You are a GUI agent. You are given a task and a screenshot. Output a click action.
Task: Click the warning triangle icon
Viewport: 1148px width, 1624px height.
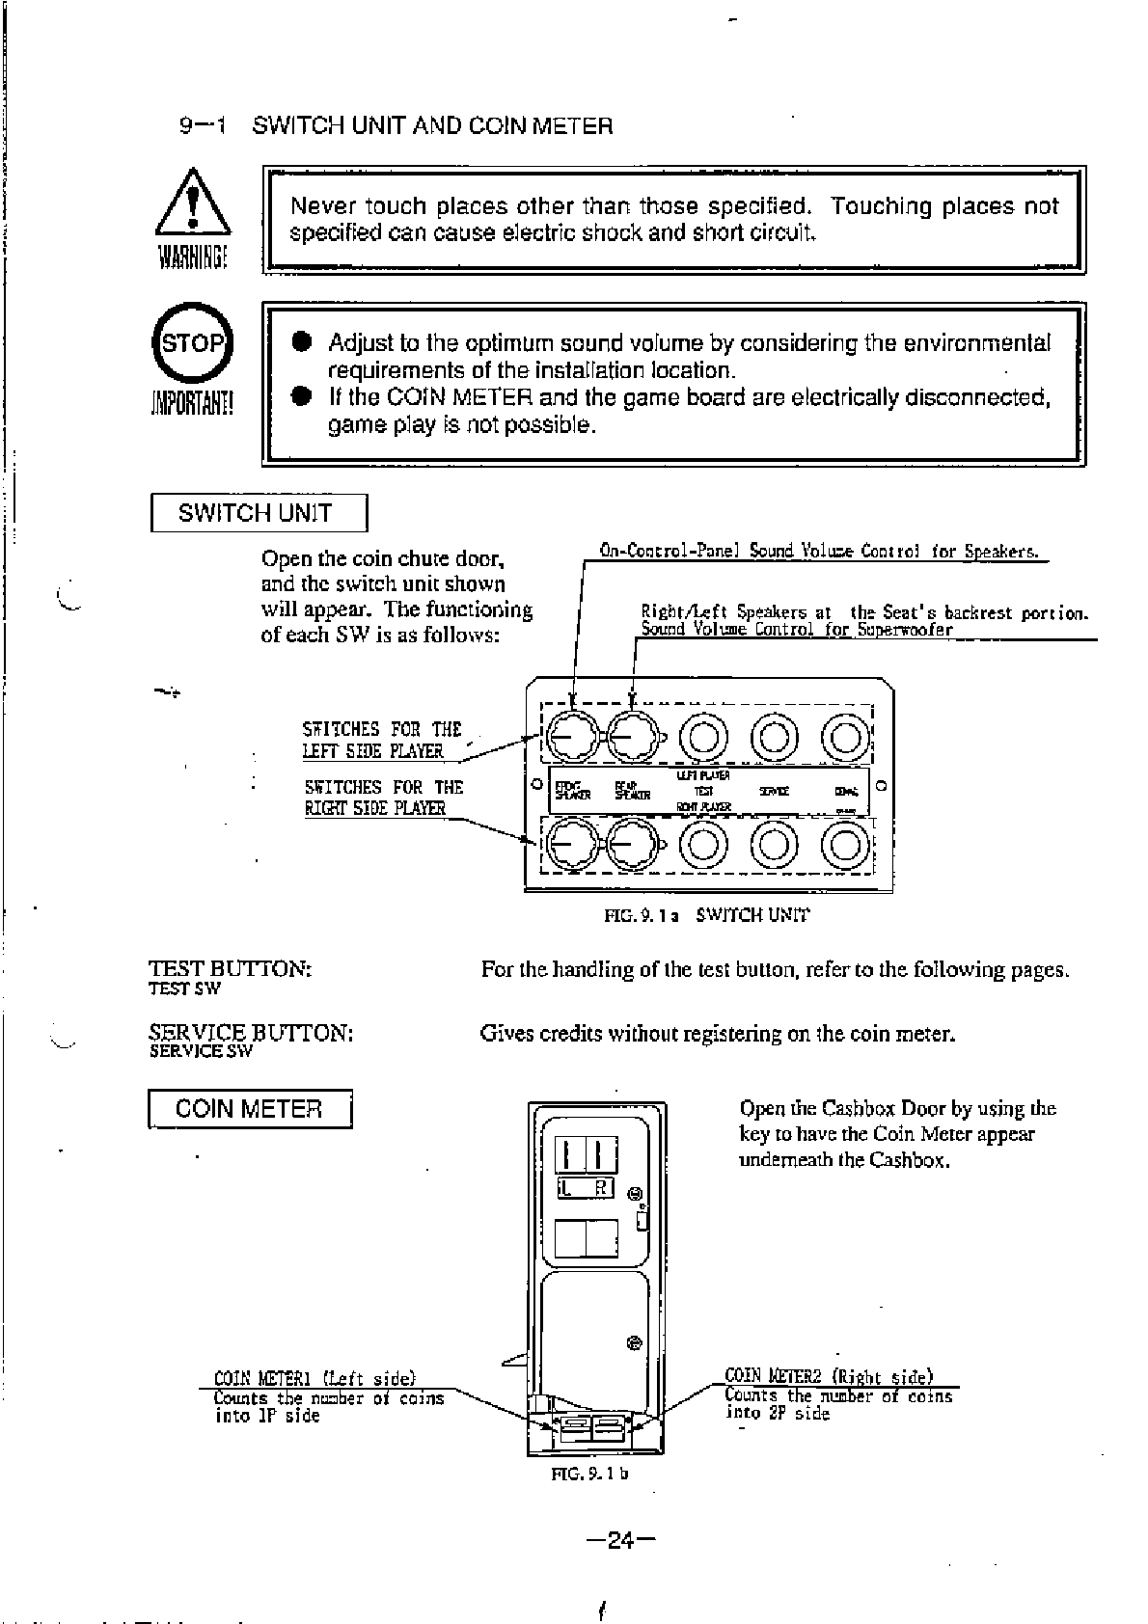click(193, 204)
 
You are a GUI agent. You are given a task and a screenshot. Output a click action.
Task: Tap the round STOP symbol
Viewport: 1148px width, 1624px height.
click(193, 344)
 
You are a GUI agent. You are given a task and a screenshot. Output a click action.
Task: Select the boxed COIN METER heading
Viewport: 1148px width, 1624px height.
click(249, 1109)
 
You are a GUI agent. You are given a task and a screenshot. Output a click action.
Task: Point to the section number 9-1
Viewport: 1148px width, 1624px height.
click(202, 125)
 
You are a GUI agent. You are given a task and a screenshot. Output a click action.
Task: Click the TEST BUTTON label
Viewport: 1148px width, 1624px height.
click(231, 969)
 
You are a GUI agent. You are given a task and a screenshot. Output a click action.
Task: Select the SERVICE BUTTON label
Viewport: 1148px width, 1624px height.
click(251, 1033)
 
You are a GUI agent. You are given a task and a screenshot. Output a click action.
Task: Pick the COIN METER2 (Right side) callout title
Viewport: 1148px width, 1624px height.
click(829, 1377)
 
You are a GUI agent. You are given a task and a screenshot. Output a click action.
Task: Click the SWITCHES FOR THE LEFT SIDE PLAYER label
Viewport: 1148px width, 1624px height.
click(383, 740)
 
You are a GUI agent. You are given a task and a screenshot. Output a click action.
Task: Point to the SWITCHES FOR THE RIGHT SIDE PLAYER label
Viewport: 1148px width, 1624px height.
click(383, 798)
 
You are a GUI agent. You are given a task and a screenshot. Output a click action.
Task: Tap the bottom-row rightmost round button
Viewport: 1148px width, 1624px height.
click(844, 845)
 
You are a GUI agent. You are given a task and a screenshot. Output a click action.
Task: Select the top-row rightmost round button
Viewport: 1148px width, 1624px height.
click(844, 738)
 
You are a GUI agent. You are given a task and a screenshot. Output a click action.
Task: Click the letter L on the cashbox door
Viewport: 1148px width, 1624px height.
click(568, 1188)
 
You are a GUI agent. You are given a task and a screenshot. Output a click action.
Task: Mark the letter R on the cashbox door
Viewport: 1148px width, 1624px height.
click(600, 1188)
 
